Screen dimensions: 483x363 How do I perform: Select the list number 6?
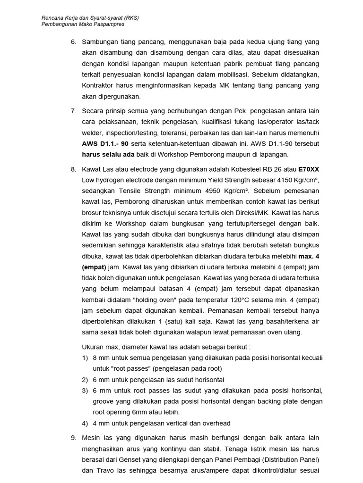point(73,42)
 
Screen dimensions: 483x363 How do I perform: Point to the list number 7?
point(73,111)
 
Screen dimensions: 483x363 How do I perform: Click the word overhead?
point(216,423)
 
